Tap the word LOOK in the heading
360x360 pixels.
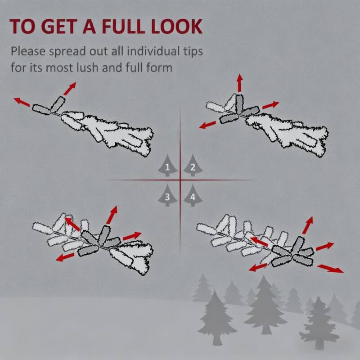(177, 27)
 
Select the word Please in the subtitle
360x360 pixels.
(28, 51)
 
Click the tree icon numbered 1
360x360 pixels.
(167, 166)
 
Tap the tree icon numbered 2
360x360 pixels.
(193, 166)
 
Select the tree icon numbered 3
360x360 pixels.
(167, 196)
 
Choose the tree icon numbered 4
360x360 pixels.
(193, 196)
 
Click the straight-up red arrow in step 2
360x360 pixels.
(240, 83)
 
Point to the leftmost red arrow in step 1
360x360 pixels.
(22, 102)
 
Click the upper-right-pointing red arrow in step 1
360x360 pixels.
(70, 89)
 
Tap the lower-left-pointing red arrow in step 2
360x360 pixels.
(207, 125)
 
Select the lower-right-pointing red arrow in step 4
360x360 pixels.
(330, 269)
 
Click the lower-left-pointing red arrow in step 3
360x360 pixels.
(65, 257)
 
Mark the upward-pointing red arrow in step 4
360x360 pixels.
(308, 225)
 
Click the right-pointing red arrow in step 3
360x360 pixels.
(132, 236)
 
